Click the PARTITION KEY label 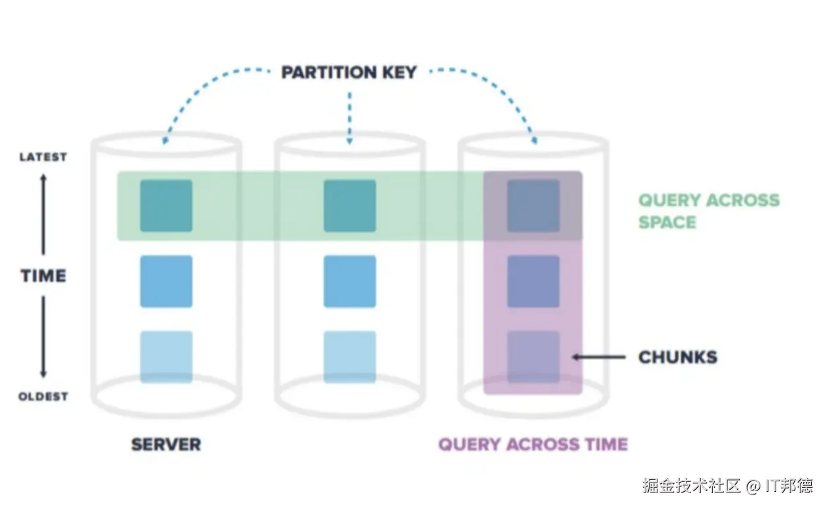(x=349, y=72)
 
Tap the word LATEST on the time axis (x=43, y=157)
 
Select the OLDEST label (x=43, y=396)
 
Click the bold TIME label (x=44, y=276)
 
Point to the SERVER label (x=166, y=444)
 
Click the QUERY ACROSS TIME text (x=533, y=444)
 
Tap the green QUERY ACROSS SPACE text (x=708, y=211)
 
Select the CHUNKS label (x=677, y=357)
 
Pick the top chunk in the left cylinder (x=166, y=206)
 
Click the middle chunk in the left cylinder (x=166, y=282)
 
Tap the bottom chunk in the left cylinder (x=166, y=357)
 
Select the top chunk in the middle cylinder (x=350, y=206)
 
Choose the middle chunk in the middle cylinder (x=350, y=282)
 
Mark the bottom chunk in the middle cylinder (x=350, y=357)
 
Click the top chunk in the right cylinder (x=533, y=206)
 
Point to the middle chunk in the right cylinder (x=533, y=282)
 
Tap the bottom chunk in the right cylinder (x=533, y=357)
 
